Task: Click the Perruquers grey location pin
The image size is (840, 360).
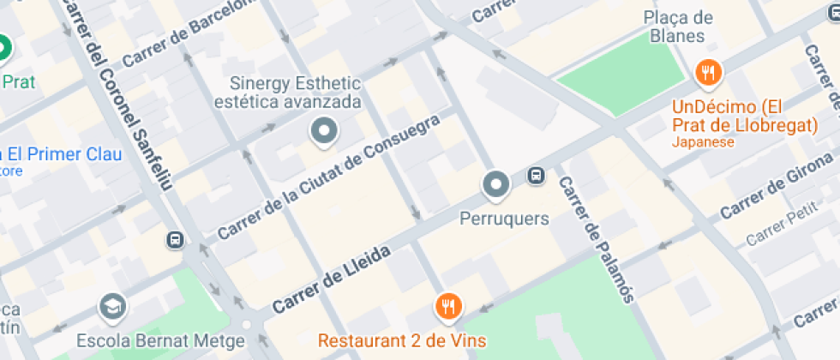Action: [495, 183]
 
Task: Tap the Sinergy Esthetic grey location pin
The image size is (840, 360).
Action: [324, 131]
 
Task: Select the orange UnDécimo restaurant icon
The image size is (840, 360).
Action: [707, 74]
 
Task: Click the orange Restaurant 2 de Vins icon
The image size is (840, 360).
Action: [448, 305]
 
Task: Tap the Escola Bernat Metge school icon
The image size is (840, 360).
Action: [112, 305]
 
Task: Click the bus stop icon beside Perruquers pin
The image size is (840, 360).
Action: [537, 176]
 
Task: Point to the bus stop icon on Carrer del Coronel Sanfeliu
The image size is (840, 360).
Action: [176, 240]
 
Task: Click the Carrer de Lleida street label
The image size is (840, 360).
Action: [332, 279]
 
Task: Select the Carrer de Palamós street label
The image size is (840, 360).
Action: [597, 239]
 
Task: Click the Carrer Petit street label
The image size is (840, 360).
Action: [783, 226]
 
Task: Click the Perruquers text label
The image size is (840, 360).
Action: [504, 219]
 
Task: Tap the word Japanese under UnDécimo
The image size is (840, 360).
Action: [703, 142]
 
